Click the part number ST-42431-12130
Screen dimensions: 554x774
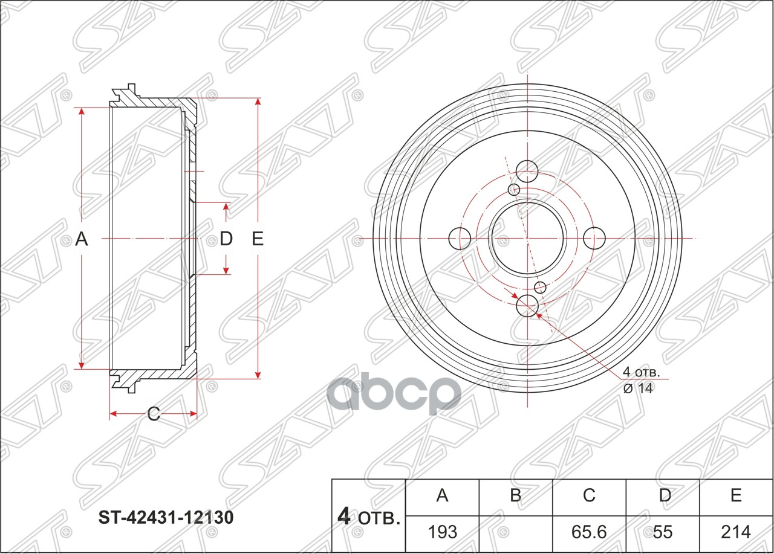166,518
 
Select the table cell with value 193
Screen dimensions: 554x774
442,532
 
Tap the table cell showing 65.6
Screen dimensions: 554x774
589,532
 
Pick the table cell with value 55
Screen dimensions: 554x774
663,532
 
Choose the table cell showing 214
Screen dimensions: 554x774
736,532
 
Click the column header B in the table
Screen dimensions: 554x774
515,495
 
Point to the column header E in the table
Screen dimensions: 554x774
736,495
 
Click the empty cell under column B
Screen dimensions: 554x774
515,532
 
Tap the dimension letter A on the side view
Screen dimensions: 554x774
82,240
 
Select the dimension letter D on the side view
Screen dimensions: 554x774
226,239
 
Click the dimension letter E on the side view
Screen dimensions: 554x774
258,240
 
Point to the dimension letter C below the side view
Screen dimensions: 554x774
154,414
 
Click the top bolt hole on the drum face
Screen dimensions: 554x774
527,172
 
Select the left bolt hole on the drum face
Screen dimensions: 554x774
460,238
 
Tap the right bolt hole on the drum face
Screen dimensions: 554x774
595,238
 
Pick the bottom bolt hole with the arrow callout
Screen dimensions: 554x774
527,306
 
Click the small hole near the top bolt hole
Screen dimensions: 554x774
514,190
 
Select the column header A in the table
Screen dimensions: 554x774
442,495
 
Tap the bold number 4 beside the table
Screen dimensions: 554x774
343,517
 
